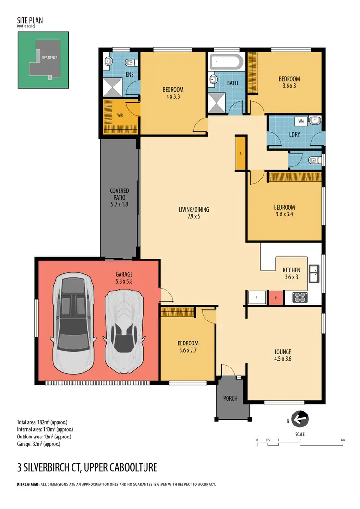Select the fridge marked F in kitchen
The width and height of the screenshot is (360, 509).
257,297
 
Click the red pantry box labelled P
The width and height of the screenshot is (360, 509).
276,297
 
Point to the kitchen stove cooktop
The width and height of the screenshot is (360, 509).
300,297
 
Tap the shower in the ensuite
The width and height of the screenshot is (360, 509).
112,87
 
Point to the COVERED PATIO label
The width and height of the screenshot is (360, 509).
120,197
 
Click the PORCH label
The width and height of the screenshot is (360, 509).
230,398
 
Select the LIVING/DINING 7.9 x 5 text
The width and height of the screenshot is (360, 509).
194,213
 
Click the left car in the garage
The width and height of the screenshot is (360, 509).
72,323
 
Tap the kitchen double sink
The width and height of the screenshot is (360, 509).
313,274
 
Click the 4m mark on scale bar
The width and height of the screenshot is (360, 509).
342,440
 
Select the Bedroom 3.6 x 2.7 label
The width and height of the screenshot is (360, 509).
188,346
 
